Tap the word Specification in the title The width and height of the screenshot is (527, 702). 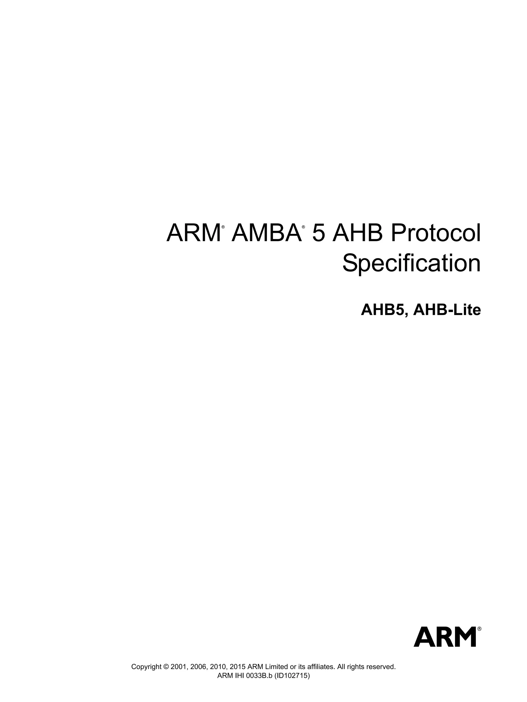pyautogui.click(x=411, y=263)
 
